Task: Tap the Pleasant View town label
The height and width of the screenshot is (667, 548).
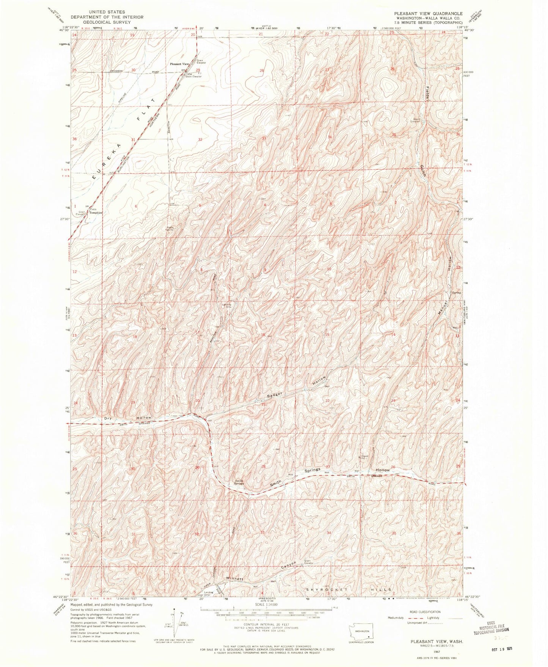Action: (x=179, y=64)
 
